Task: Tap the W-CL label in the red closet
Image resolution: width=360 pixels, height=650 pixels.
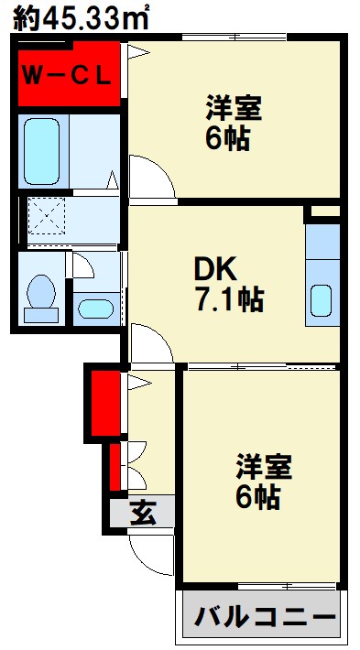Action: click(65, 74)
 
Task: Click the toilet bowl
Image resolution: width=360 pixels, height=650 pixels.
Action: click(40, 296)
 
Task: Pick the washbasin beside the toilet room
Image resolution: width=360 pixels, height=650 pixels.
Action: click(93, 308)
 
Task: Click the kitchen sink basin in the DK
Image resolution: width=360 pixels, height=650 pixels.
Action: click(322, 300)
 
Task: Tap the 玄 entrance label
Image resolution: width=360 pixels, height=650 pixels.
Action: click(141, 514)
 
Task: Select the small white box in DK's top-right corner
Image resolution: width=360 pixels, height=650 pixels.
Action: click(323, 212)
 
